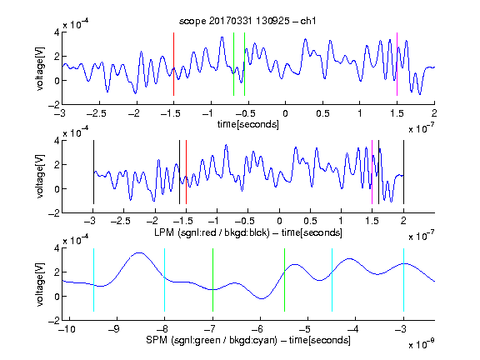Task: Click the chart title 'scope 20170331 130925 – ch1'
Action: click(x=247, y=21)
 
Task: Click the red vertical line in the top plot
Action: click(x=173, y=64)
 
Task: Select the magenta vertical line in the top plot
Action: click(x=397, y=64)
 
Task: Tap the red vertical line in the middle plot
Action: click(x=186, y=172)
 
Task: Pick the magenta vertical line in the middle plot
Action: click(x=372, y=172)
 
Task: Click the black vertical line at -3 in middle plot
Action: click(x=93, y=172)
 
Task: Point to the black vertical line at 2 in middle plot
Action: click(x=403, y=172)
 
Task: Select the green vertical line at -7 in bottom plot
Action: click(x=212, y=280)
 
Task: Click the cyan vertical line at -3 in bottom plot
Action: click(x=403, y=280)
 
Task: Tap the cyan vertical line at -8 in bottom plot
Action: click(x=165, y=280)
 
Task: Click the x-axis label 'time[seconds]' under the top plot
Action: click(x=248, y=124)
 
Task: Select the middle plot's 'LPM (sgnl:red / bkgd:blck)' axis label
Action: click(x=212, y=232)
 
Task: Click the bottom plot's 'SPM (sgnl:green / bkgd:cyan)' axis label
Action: click(x=212, y=340)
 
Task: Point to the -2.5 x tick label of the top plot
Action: click(x=96, y=114)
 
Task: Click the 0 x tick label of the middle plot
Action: click(x=279, y=221)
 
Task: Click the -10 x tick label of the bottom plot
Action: click(x=66, y=329)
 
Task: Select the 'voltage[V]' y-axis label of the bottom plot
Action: click(x=40, y=284)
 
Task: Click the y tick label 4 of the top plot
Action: click(x=57, y=32)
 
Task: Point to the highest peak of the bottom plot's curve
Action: click(x=140, y=252)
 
